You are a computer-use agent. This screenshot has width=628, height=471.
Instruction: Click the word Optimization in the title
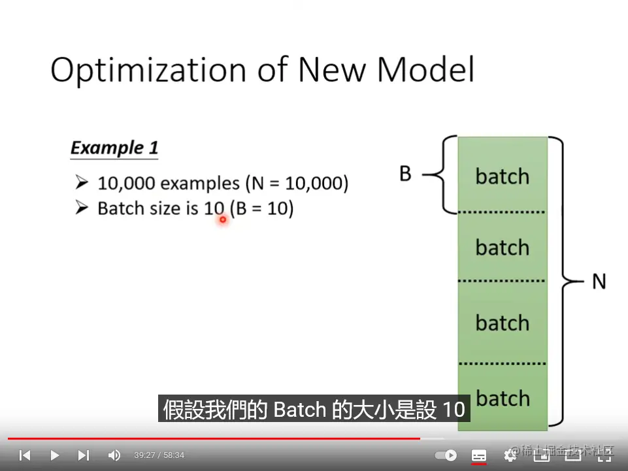148,71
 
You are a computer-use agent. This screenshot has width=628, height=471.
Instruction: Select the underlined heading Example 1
114,148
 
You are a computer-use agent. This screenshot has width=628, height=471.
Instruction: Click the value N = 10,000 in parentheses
297,183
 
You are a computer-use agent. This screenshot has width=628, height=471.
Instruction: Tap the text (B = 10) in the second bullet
262,208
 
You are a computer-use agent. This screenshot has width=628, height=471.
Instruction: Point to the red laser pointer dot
223,219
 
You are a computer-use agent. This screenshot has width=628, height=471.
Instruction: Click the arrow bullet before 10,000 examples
82,182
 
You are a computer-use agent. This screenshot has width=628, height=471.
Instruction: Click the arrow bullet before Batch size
82,208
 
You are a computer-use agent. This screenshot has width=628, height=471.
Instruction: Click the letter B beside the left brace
405,174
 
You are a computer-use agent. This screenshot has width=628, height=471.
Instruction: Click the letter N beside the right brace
599,281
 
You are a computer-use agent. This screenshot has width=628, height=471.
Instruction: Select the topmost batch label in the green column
503,176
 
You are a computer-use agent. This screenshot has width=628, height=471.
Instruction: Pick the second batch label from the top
503,247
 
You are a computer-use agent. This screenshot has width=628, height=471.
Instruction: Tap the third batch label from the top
503,323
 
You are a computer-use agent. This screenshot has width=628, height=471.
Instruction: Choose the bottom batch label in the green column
503,398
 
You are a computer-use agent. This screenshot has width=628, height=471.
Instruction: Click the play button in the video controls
54,455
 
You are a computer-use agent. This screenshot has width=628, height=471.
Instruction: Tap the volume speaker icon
114,455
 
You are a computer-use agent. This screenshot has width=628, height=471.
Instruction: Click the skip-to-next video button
84,455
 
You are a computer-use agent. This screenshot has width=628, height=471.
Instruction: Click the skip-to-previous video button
25,455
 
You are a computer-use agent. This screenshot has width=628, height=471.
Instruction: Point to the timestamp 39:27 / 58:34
159,455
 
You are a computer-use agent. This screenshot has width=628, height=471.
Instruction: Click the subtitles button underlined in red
479,456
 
